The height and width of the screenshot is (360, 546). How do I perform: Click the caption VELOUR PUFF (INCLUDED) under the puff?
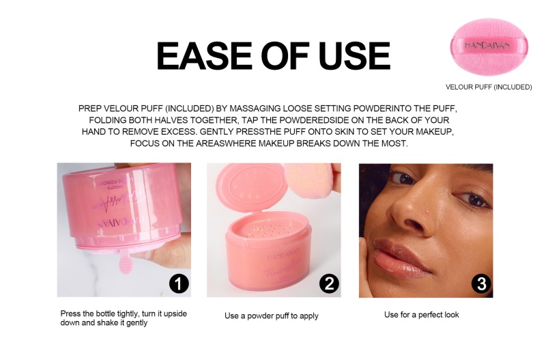click(x=489, y=87)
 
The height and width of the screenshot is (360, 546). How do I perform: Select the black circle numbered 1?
click(x=178, y=283)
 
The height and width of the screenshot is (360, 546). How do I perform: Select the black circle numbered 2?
click(x=328, y=283)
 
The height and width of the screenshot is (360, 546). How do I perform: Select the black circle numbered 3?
click(x=480, y=283)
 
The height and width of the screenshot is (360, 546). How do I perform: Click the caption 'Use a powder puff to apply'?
click(x=272, y=316)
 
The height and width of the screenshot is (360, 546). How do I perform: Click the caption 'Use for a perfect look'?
click(x=422, y=315)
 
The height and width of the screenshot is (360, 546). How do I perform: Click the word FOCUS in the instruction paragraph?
click(x=145, y=144)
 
